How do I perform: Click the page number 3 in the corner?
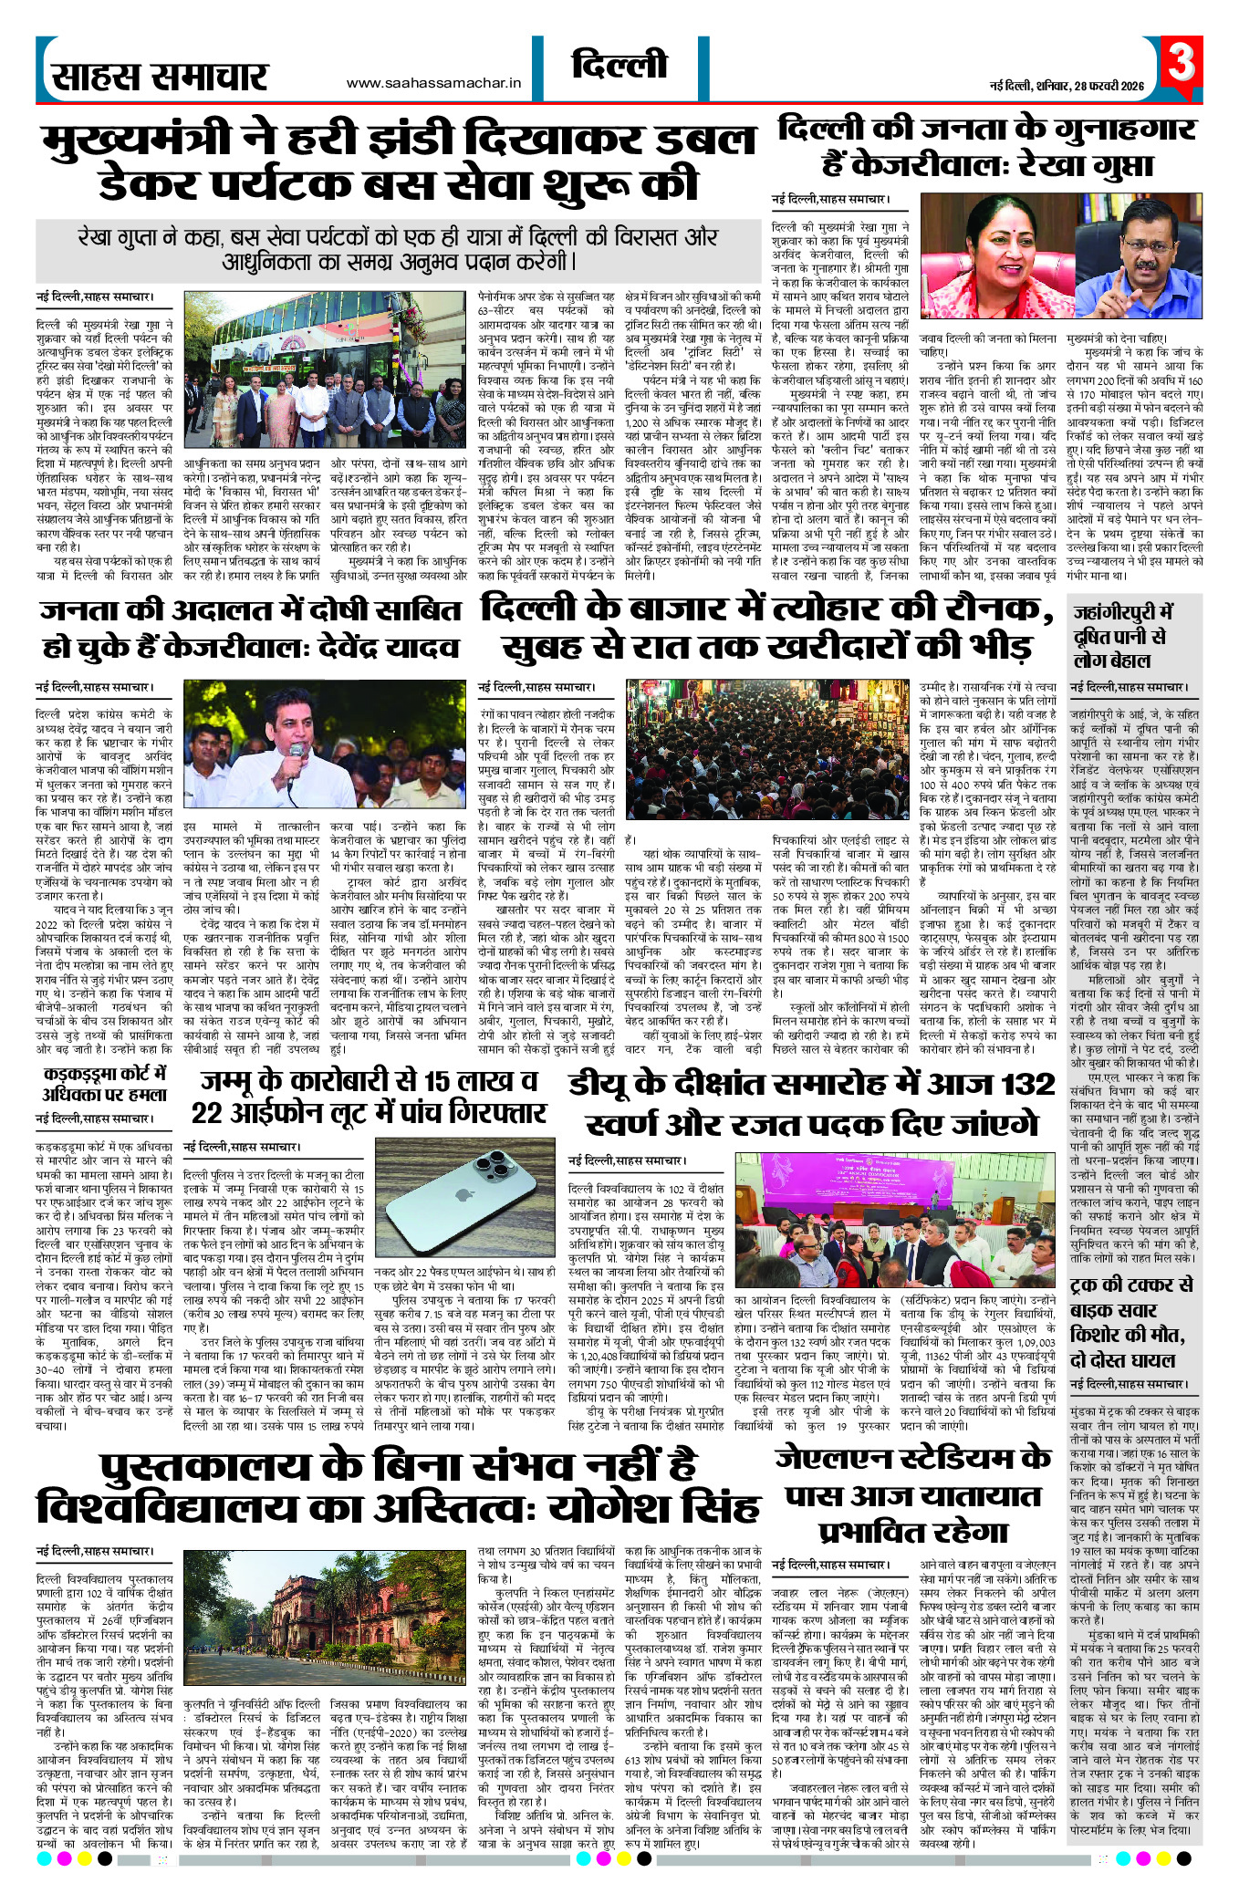1182,64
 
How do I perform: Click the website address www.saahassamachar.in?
433,83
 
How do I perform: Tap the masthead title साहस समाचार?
160,78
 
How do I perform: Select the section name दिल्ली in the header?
619,66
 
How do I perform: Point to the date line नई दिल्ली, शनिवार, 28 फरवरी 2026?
1067,86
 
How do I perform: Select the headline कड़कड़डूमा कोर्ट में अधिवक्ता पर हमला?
105,1084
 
